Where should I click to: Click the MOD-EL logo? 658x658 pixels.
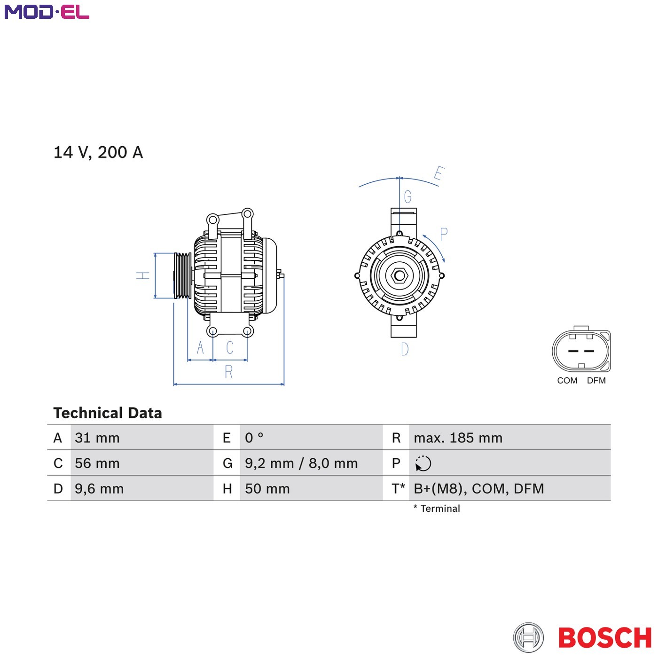coord(47,12)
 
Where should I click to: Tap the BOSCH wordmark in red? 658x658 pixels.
coord(605,637)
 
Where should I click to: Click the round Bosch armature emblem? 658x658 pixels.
coord(528,637)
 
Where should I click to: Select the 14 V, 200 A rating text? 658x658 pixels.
coord(98,152)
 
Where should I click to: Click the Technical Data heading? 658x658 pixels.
coord(108,413)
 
